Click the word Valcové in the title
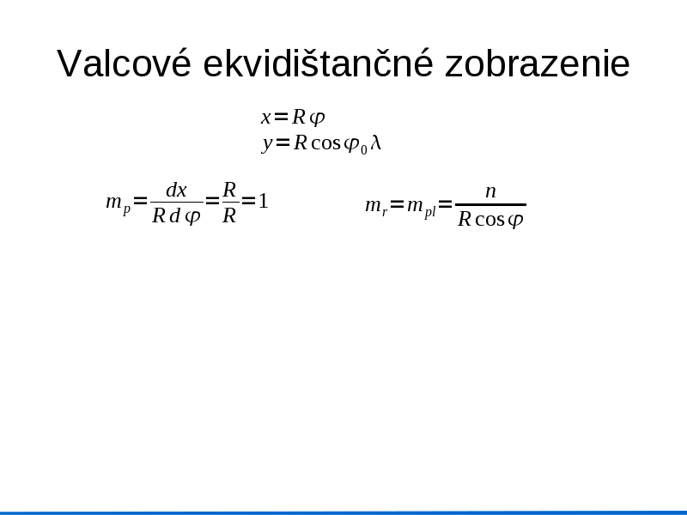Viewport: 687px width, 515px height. [124, 63]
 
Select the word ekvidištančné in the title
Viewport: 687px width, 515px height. [318, 63]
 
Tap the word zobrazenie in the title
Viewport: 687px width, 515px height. [538, 63]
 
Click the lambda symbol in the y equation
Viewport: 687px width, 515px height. [376, 142]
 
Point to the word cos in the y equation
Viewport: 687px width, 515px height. [325, 143]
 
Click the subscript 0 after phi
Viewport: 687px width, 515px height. [363, 149]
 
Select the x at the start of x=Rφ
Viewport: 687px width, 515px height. [265, 118]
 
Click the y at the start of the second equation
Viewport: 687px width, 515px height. [267, 144]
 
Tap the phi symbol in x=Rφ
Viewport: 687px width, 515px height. [317, 118]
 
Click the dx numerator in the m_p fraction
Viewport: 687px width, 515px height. [177, 191]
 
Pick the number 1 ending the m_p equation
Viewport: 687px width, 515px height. [263, 201]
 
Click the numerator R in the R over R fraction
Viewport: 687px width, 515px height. [229, 190]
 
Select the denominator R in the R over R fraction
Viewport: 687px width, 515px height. [229, 215]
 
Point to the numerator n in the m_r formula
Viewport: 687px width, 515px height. [490, 191]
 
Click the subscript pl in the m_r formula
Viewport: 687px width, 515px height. [430, 212]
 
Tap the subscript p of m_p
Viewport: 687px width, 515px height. [126, 209]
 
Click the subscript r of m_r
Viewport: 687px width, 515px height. [385, 212]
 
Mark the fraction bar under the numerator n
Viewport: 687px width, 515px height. [490, 204]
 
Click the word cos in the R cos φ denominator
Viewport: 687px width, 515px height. [489, 220]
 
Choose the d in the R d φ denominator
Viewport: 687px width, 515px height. [175, 215]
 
